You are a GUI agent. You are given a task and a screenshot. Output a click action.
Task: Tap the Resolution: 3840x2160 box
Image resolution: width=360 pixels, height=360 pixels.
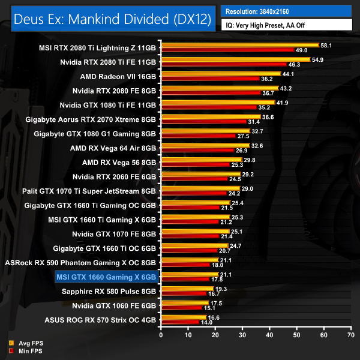tap(286, 11)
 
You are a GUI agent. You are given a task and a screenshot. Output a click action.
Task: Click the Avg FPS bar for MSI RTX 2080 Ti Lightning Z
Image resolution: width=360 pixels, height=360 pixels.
tap(239, 44)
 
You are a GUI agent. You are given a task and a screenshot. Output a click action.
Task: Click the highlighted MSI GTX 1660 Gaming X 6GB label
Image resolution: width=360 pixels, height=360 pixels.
tap(106, 277)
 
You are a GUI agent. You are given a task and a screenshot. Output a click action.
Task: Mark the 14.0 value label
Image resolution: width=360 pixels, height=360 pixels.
tap(206, 322)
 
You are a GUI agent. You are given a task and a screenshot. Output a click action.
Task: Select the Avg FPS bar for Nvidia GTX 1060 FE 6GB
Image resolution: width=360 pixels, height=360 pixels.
tap(184, 302)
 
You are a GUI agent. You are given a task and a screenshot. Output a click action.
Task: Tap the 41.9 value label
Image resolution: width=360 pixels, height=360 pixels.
tap(283, 103)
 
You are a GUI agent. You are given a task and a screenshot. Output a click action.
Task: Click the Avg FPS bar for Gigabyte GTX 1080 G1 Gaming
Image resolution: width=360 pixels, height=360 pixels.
tap(205, 131)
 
